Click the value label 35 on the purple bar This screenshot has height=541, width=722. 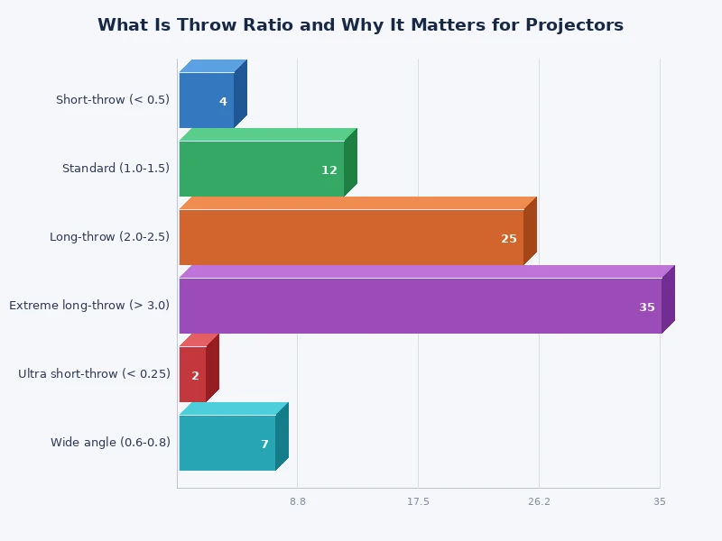click(647, 307)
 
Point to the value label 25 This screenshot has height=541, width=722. click(509, 239)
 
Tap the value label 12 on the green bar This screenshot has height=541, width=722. click(329, 170)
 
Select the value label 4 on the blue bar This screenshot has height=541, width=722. click(223, 102)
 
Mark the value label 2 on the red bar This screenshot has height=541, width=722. click(195, 376)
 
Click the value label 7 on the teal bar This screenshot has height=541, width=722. click(264, 445)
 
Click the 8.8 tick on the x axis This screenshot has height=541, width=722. click(298, 501)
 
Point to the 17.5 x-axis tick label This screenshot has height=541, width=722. click(418, 501)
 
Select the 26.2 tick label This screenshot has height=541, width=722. click(539, 501)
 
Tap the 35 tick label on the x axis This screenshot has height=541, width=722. click(660, 501)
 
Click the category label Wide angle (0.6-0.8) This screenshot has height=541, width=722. click(110, 443)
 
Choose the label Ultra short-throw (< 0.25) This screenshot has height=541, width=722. click(94, 374)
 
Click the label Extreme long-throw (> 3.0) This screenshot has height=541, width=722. click(89, 306)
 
